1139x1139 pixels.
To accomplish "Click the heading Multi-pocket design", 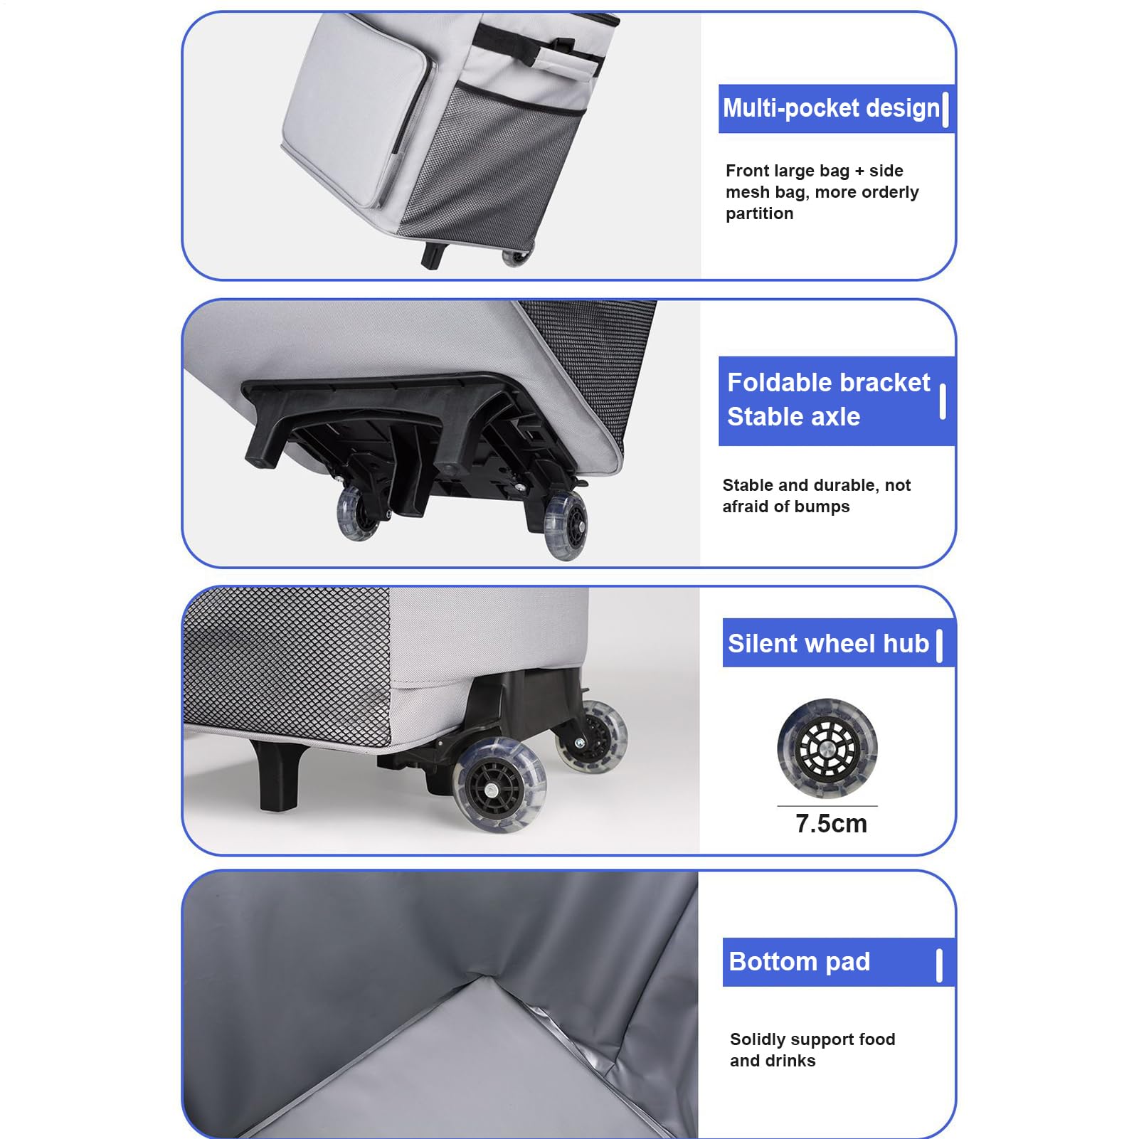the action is (831, 108).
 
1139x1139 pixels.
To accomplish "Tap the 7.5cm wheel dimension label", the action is (831, 823).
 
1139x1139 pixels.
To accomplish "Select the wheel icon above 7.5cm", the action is (827, 748).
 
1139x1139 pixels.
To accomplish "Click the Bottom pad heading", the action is (800, 961).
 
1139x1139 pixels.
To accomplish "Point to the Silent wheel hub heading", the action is (828, 643).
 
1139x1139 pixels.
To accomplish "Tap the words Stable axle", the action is (793, 416).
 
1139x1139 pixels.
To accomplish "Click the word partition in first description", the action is (759, 213).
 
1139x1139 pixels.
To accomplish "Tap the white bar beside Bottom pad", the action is (939, 965).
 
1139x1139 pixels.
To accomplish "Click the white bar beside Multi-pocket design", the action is (945, 109).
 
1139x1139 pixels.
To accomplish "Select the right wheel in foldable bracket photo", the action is (566, 525).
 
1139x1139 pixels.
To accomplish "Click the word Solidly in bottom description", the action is (756, 1039).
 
